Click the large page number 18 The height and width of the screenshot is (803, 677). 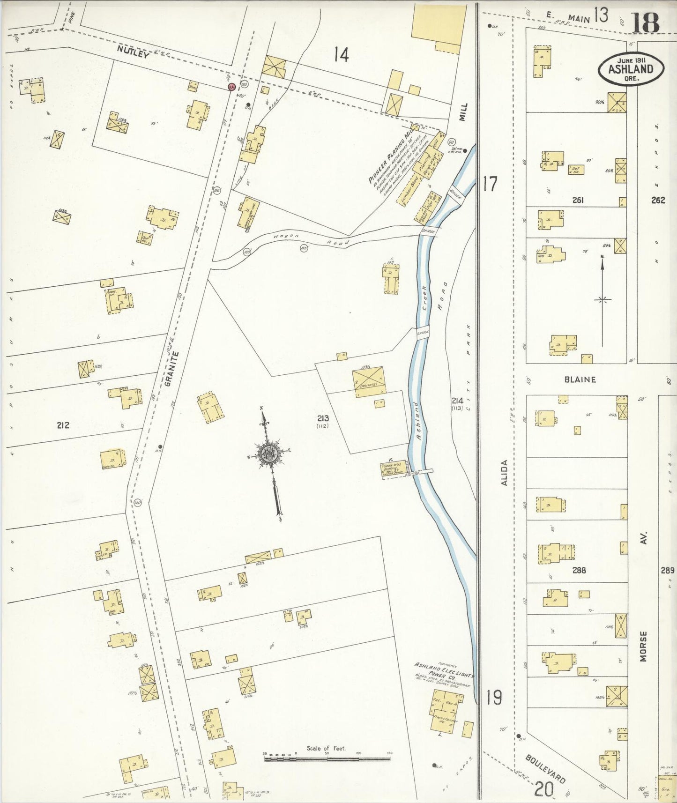click(645, 22)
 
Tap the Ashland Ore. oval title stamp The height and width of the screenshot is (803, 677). click(631, 69)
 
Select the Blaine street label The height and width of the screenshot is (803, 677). click(580, 379)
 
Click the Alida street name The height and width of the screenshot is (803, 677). click(504, 472)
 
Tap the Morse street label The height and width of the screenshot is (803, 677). click(643, 646)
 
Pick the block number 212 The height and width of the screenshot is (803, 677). click(63, 425)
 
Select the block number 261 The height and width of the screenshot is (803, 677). click(578, 200)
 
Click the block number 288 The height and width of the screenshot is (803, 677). click(579, 570)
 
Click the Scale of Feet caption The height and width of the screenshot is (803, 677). click(326, 748)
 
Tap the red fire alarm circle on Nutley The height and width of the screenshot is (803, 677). click(231, 87)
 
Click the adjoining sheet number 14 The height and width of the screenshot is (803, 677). click(341, 55)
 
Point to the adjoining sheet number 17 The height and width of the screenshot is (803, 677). click(489, 184)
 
